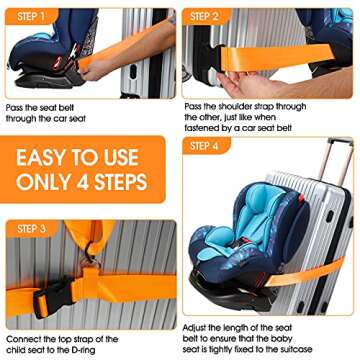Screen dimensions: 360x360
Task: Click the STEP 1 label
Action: click(x=30, y=17)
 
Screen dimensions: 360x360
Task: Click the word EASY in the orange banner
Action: click(x=47, y=159)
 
